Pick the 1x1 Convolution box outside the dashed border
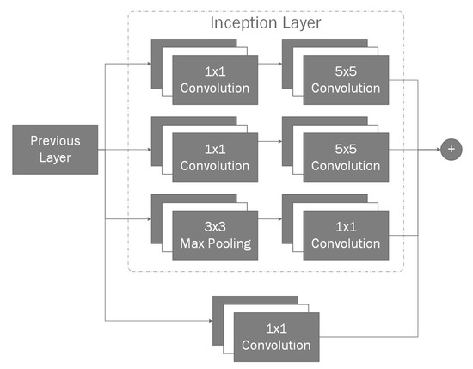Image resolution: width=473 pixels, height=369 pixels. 275,336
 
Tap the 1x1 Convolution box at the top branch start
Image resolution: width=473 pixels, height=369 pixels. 214,79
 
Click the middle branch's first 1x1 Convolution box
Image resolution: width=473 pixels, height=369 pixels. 214,156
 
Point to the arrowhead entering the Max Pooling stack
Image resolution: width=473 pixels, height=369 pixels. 147,219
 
